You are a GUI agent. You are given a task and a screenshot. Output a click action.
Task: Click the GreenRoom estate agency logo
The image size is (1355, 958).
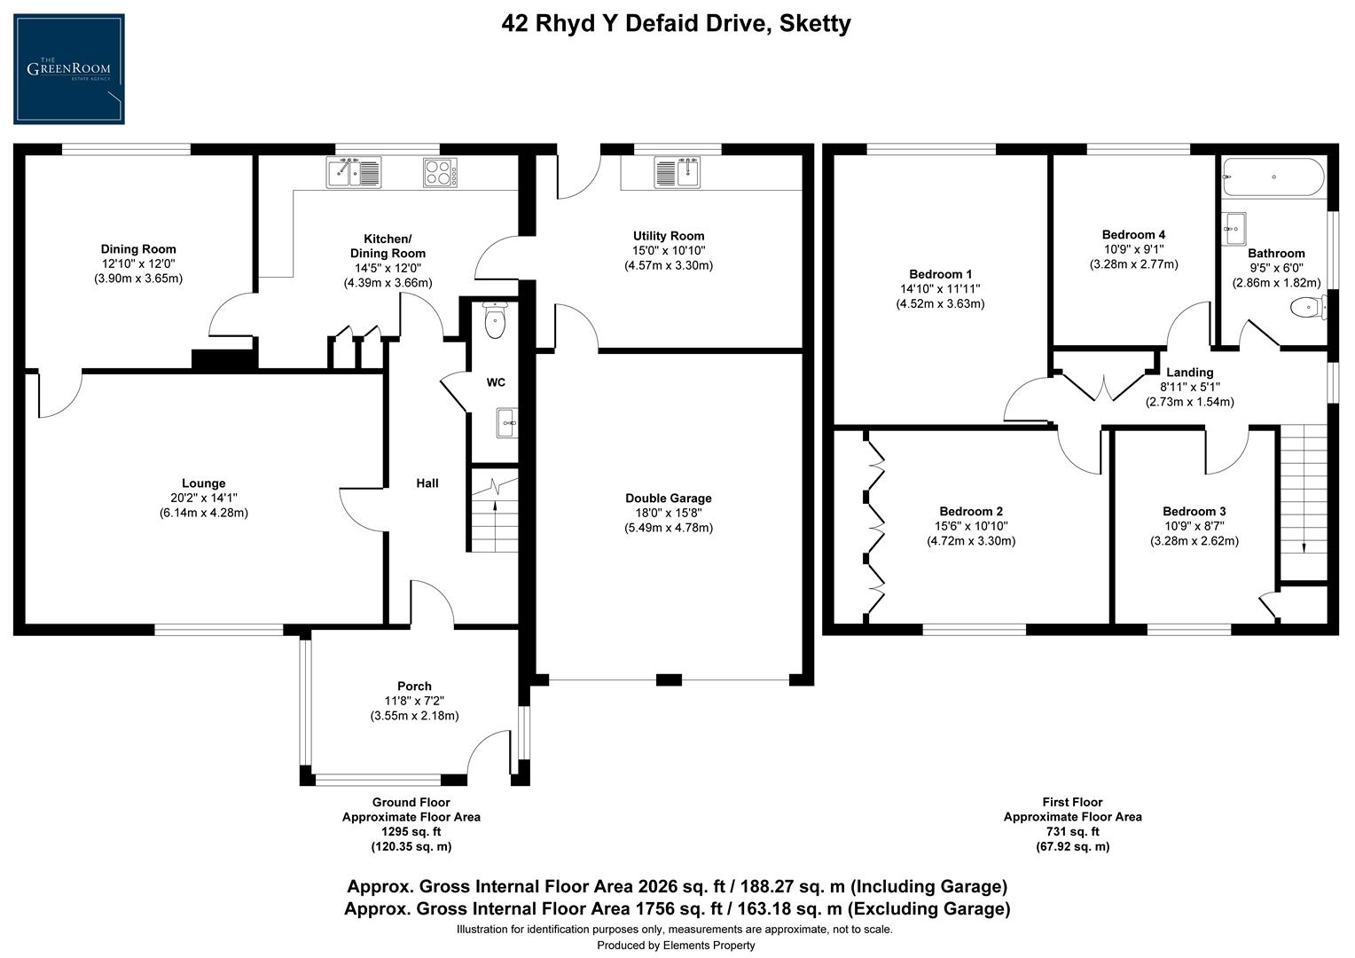[69, 69]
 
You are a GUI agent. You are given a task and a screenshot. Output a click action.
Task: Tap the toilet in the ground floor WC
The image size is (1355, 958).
[495, 321]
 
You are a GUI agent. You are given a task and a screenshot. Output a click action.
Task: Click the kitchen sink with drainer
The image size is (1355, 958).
[353, 172]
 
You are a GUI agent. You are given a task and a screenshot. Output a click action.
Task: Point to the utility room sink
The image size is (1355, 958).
[677, 171]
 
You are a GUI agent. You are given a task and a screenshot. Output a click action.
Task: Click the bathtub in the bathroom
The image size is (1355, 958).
[1273, 177]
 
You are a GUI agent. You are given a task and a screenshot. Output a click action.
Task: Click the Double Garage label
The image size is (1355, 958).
[668, 499]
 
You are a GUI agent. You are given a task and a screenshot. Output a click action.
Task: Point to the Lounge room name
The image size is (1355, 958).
[204, 483]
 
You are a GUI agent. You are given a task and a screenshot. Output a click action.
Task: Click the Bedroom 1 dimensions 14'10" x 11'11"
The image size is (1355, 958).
[940, 289]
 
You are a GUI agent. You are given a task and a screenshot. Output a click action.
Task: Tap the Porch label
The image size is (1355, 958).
[414, 686]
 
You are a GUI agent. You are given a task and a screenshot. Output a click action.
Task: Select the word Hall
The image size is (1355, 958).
[427, 483]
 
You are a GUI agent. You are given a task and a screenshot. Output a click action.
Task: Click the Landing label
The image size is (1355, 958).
[1189, 373]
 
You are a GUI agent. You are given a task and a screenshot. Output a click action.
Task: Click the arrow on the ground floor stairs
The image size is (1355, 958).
[494, 509]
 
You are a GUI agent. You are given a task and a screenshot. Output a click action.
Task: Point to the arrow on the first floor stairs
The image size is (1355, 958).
[1304, 546]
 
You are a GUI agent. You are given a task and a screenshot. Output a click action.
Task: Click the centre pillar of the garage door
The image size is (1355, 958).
[669, 680]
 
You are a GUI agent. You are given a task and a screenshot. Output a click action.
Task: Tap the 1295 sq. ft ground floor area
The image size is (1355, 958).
[411, 832]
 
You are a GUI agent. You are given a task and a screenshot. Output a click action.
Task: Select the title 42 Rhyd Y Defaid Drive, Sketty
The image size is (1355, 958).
[676, 24]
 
